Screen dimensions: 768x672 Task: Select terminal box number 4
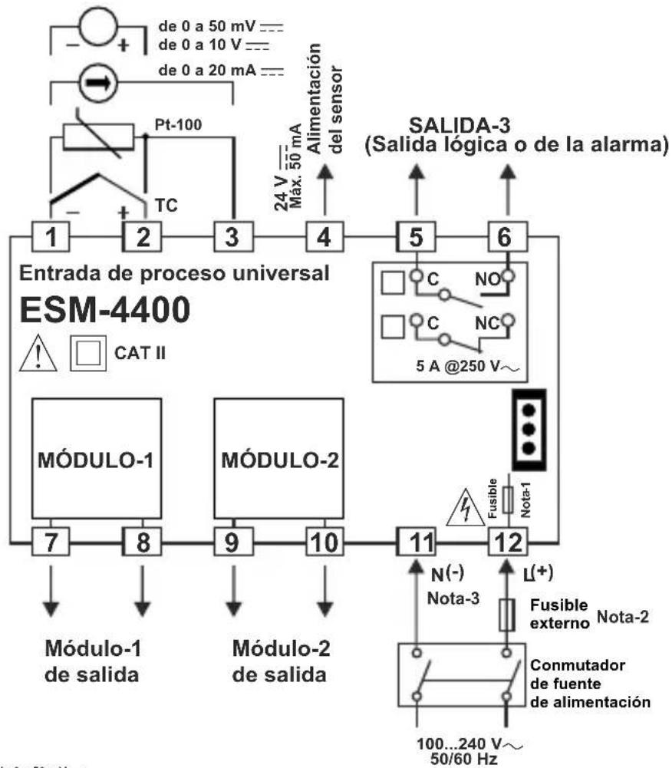pyautogui.click(x=324, y=236)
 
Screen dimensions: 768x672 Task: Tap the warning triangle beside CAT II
pyautogui.click(x=35, y=354)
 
